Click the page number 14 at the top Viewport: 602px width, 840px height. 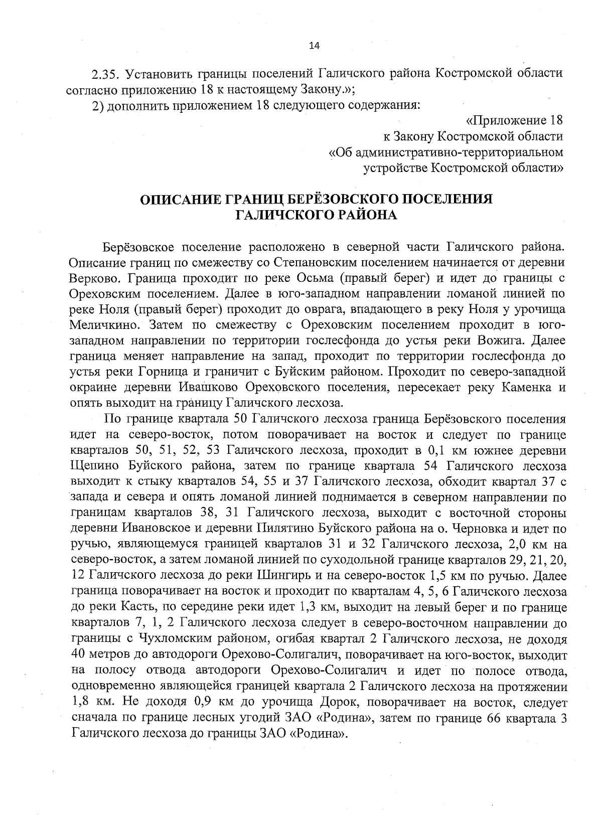[x=314, y=46]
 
